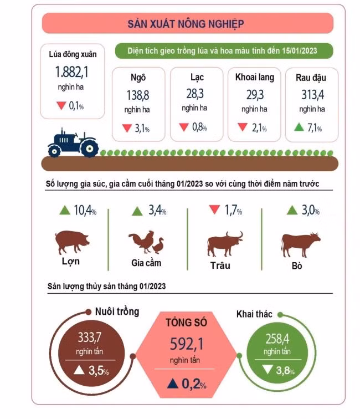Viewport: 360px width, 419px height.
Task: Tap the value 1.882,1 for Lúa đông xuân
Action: (71, 72)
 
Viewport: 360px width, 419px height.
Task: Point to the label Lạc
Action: (197, 78)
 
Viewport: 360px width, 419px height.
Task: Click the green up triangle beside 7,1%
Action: (299, 128)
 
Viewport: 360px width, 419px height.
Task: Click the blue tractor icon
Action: (73, 144)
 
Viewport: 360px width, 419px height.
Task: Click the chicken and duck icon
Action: (146, 242)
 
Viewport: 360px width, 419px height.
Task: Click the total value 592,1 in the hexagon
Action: (187, 345)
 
